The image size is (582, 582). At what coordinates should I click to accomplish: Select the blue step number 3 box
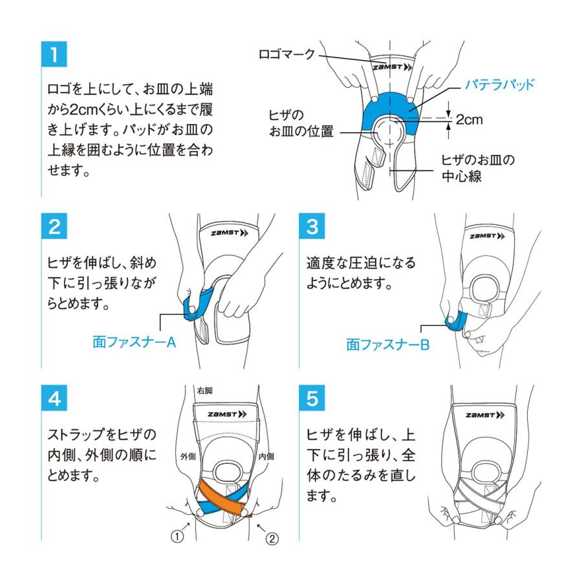312,228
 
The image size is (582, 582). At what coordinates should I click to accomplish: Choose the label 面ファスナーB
387,345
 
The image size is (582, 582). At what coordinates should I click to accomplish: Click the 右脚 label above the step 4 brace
204,390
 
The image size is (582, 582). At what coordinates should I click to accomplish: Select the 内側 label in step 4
266,456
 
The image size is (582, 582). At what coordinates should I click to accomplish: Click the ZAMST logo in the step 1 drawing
387,67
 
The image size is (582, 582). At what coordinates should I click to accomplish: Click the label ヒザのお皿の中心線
477,167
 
